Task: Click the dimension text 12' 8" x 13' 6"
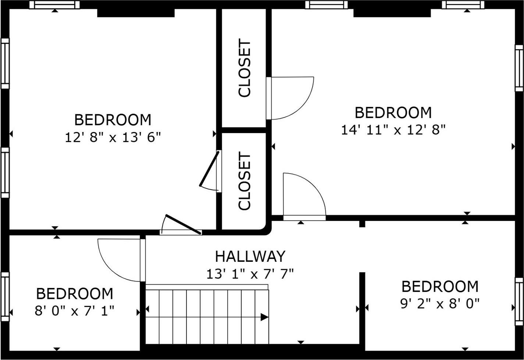(x=113, y=138)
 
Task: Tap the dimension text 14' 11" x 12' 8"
(x=393, y=130)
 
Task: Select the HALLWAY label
(x=250, y=256)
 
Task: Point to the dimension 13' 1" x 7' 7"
(x=250, y=274)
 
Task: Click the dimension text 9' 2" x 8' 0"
(x=440, y=304)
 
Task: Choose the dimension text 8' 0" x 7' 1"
(x=75, y=311)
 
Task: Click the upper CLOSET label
(x=245, y=68)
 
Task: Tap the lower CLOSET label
(x=245, y=182)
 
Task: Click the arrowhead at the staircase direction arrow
(x=264, y=317)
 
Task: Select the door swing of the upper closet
(x=290, y=98)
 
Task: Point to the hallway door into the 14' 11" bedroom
(x=304, y=197)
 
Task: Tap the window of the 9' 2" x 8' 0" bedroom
(x=519, y=302)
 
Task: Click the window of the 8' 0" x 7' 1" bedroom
(x=5, y=296)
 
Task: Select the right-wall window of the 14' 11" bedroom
(x=519, y=68)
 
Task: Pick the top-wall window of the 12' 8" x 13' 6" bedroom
(x=54, y=5)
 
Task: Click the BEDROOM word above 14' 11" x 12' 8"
(x=393, y=113)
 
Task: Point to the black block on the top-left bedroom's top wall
(x=136, y=13)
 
